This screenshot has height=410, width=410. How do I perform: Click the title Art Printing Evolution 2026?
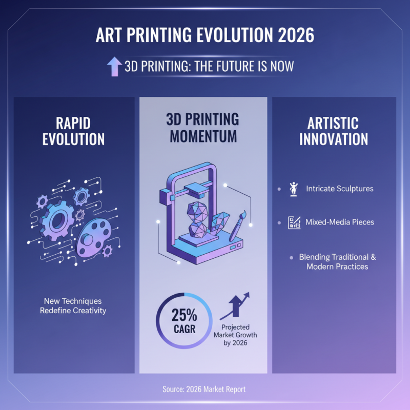tap(205, 37)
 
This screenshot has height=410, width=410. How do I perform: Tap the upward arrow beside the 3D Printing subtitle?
tap(113, 67)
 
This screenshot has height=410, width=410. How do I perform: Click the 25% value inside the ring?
tap(183, 314)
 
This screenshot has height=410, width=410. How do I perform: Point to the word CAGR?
tap(183, 329)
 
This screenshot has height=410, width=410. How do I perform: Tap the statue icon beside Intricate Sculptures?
tap(294, 189)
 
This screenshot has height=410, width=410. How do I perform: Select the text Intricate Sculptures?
tap(339, 189)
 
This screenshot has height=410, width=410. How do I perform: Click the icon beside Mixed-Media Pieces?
tap(294, 223)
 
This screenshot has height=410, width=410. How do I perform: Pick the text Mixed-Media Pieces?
tap(340, 223)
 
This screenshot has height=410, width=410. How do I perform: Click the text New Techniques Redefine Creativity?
tap(73, 306)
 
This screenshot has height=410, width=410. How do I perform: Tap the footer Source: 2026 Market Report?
tap(204, 389)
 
